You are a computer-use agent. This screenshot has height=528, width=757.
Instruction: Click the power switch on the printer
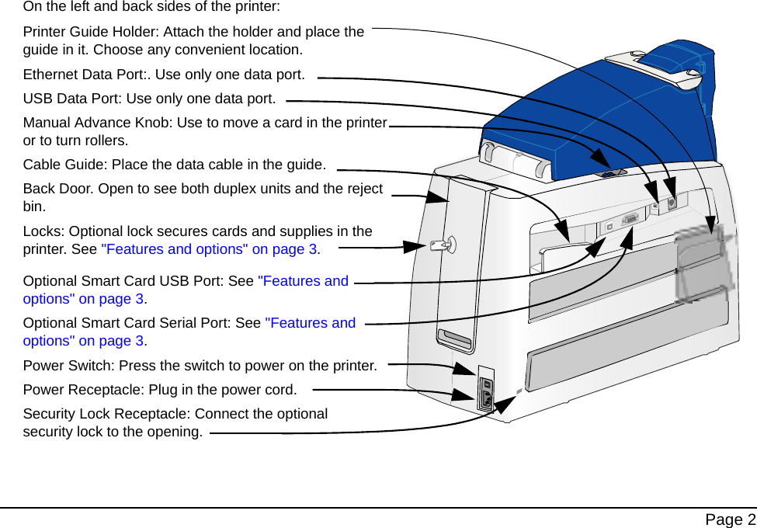(487, 384)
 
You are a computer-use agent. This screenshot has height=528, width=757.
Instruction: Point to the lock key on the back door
(443, 245)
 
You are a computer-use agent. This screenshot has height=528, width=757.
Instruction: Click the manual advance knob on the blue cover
(610, 173)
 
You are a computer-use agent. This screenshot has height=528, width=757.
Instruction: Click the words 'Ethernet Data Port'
(85, 75)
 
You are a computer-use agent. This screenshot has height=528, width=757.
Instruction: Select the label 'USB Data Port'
(71, 99)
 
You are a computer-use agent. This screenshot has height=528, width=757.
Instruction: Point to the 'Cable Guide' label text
(65, 165)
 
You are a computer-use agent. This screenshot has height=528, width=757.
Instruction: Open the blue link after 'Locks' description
(209, 249)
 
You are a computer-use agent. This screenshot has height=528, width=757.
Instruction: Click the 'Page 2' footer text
(729, 519)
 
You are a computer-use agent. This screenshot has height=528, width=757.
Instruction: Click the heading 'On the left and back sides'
(151, 7)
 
